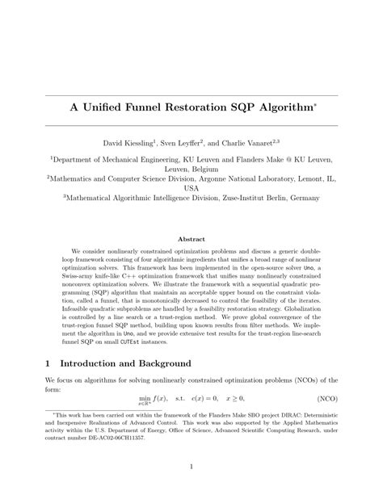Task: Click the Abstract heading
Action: [x=191, y=238]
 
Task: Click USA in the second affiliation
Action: [x=191, y=188]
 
